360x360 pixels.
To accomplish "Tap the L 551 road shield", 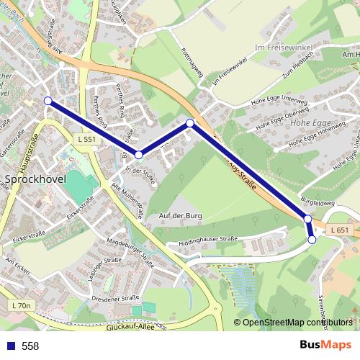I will click(x=85, y=139).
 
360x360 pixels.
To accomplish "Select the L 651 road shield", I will click(x=341, y=230).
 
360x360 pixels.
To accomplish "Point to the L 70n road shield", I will click(x=22, y=306).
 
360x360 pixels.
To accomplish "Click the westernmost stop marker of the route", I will click(x=48, y=101).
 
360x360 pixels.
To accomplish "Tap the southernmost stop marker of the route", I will click(x=312, y=240).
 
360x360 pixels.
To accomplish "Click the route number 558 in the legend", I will click(x=30, y=346).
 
